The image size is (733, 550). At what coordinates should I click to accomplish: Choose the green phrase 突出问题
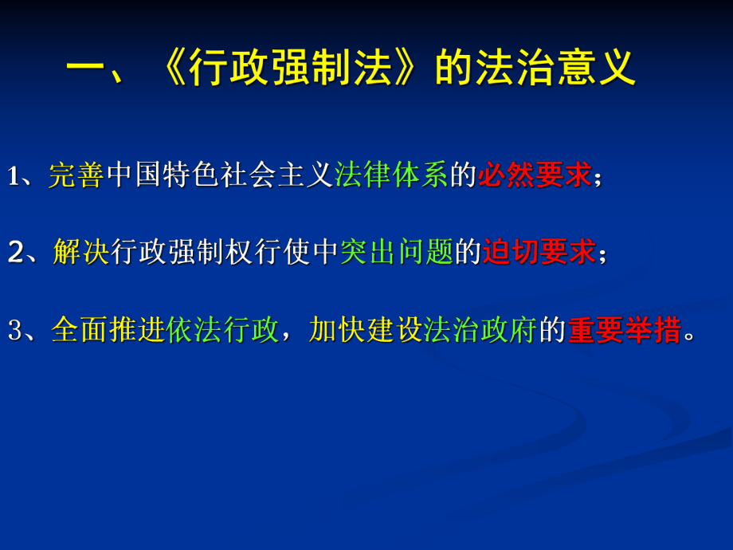coord(397,252)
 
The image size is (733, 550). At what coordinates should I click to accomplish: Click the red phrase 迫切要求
coord(539,252)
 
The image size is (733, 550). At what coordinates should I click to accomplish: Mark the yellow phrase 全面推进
coord(108,329)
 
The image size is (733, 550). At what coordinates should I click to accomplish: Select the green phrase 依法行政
coord(223,329)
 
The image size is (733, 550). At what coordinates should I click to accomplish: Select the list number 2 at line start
coord(15,253)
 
